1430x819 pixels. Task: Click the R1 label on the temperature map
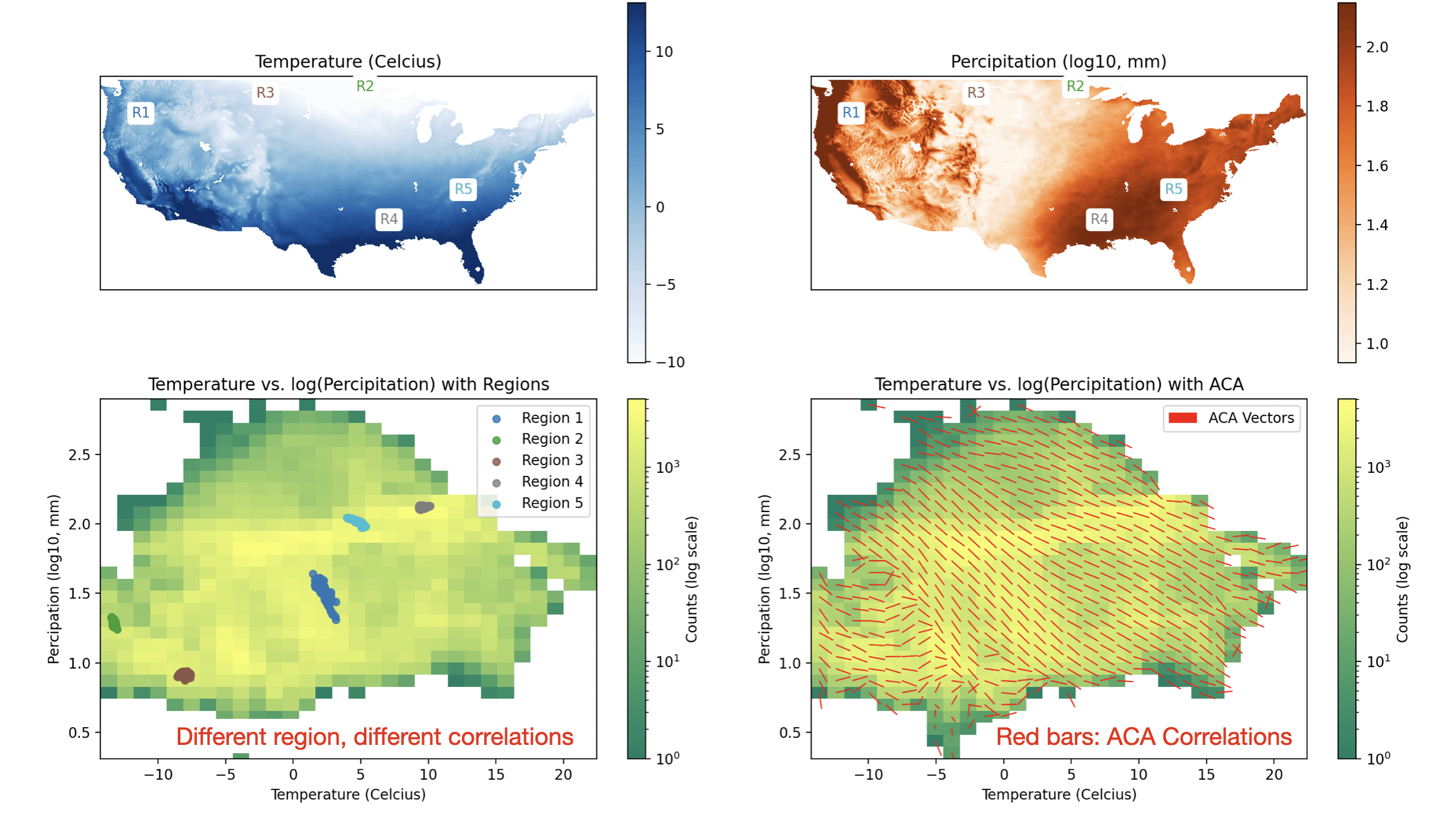point(141,113)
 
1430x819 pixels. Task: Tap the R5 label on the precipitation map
point(1173,189)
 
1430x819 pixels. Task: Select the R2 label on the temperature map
point(365,86)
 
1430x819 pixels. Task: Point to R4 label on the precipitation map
point(1099,219)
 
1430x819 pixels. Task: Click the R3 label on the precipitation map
point(976,92)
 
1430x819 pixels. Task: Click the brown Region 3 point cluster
point(184,675)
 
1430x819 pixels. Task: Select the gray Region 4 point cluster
point(424,507)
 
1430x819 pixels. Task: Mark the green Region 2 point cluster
point(114,623)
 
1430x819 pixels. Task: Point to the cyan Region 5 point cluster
point(357,522)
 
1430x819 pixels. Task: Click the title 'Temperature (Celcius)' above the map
point(348,62)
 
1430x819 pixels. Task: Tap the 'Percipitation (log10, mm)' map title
point(1058,62)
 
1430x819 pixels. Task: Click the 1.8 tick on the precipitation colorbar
point(1377,107)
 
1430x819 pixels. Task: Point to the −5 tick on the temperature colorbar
point(666,285)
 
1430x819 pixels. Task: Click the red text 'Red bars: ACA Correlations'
point(1143,737)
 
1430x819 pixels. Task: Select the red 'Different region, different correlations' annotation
point(375,737)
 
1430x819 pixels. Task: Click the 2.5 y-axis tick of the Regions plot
point(79,455)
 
